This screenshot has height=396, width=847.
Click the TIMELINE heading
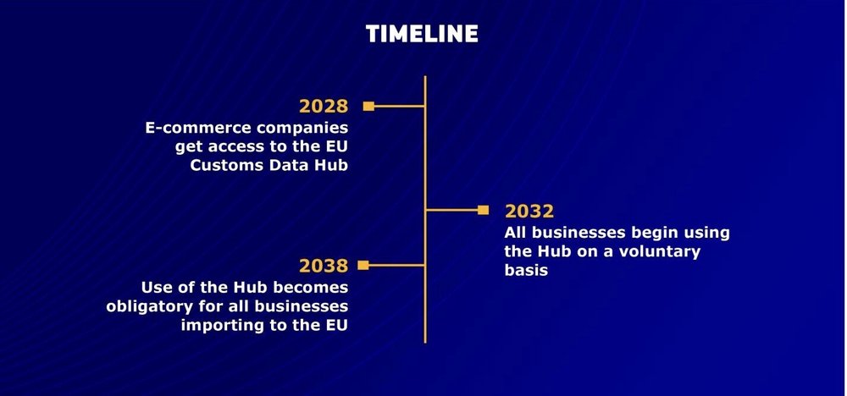tap(422, 34)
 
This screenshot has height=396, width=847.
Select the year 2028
tap(324, 107)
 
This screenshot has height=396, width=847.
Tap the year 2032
tap(529, 211)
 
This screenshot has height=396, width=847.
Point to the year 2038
tap(324, 266)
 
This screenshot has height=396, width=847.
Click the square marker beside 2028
tap(368, 107)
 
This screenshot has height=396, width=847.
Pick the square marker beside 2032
tap(483, 210)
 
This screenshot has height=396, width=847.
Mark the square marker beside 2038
tap(363, 265)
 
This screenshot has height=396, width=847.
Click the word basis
tap(526, 270)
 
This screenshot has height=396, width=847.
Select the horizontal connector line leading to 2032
tap(452, 210)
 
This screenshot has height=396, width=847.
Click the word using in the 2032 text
tap(703, 234)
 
